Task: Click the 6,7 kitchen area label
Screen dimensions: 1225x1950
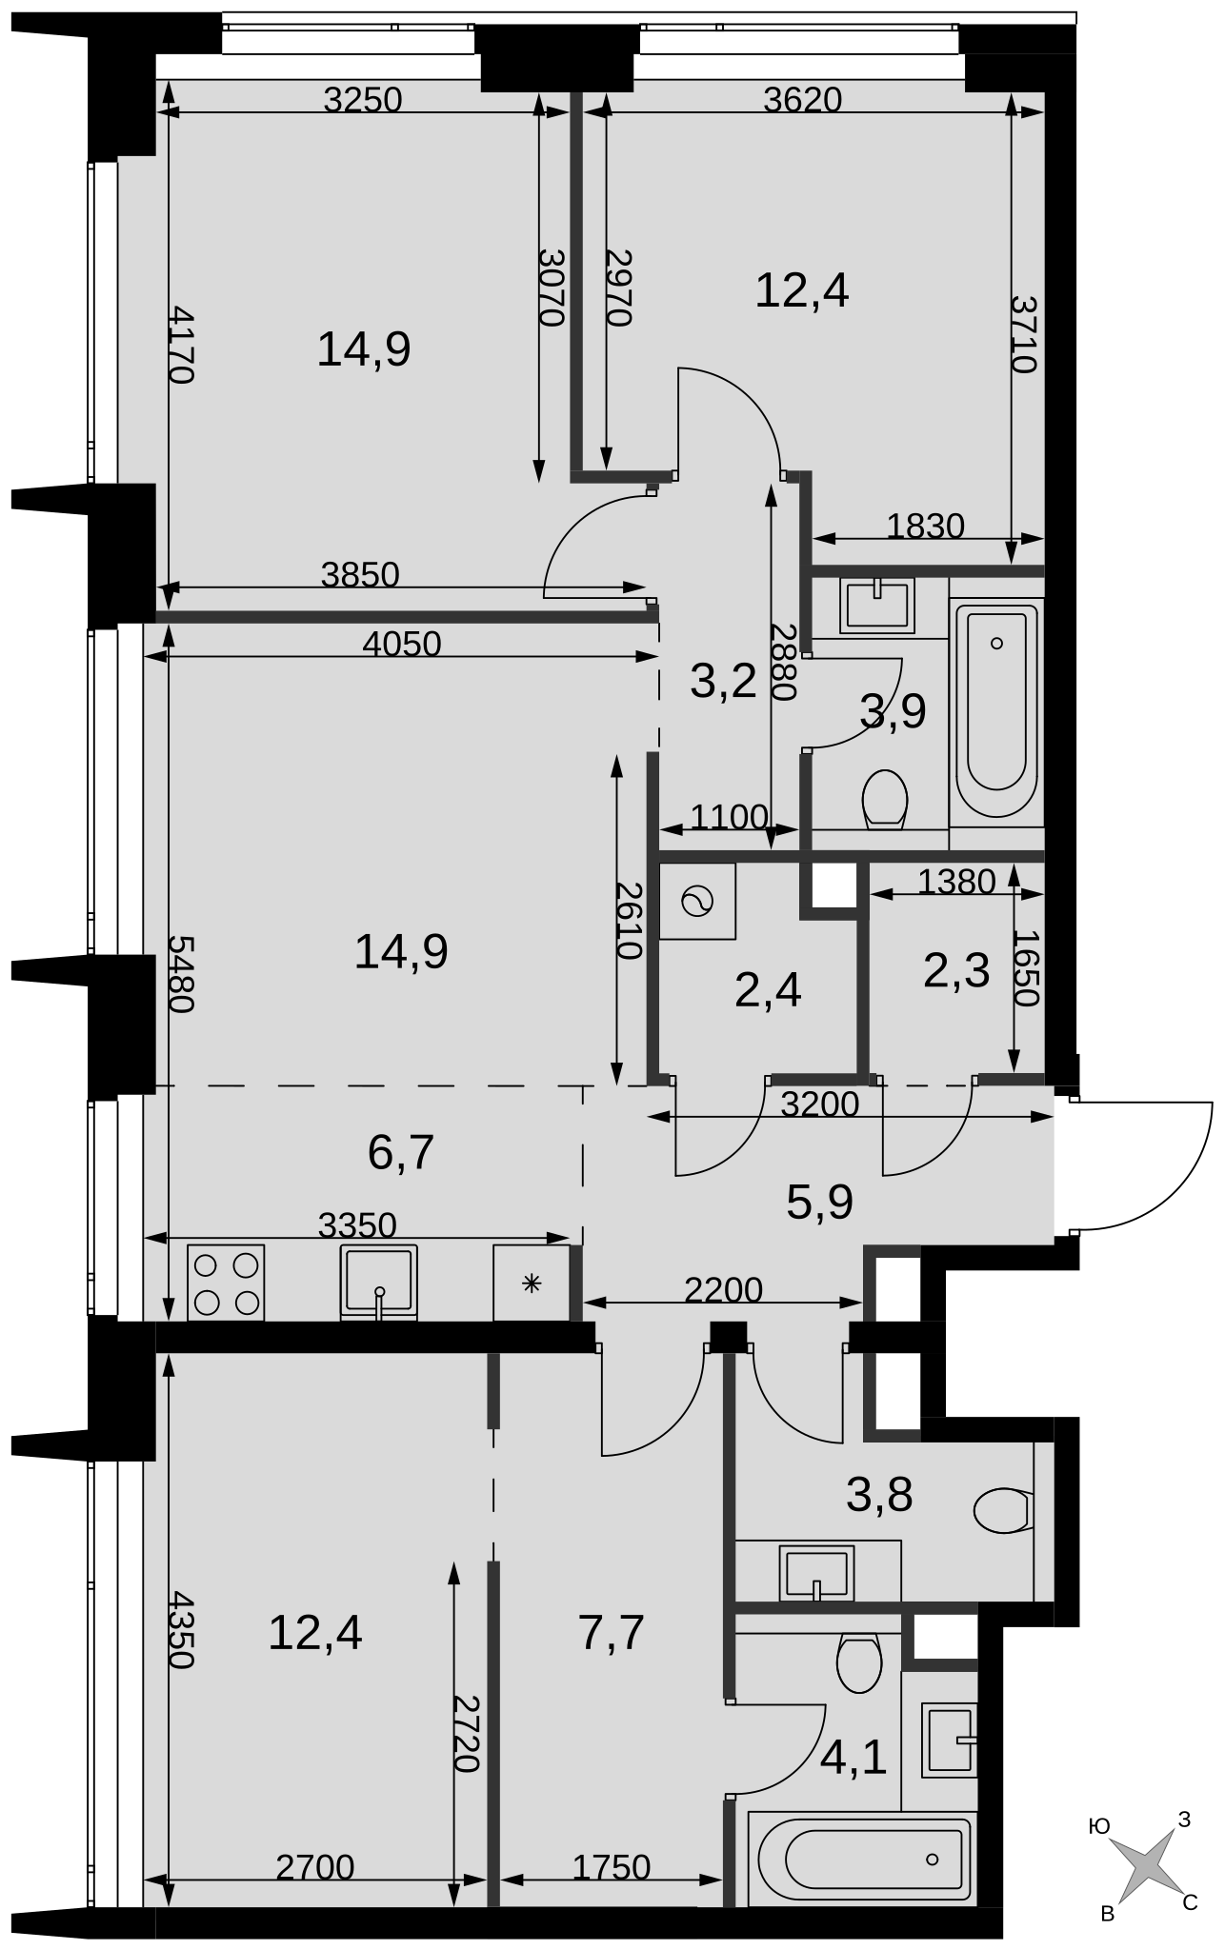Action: click(x=401, y=1152)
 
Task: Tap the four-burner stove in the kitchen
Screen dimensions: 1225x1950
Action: click(x=226, y=1283)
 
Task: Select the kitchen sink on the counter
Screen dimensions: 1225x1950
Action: click(x=379, y=1283)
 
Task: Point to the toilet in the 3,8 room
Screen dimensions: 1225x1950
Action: click(x=1003, y=1510)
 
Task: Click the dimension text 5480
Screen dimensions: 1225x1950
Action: click(x=181, y=974)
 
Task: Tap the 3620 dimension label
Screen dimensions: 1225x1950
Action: click(x=803, y=99)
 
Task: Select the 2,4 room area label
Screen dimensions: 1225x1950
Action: click(x=768, y=991)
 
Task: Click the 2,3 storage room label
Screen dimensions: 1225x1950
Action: click(x=956, y=971)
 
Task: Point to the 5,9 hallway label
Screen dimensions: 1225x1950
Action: click(x=819, y=1203)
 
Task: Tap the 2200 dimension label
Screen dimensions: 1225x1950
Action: click(x=724, y=1290)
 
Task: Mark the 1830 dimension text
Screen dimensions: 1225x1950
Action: click(x=926, y=526)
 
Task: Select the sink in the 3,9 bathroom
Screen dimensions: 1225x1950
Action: click(x=877, y=606)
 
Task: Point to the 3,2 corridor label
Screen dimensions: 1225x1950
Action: click(x=723, y=682)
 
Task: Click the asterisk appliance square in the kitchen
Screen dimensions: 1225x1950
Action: click(x=532, y=1283)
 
